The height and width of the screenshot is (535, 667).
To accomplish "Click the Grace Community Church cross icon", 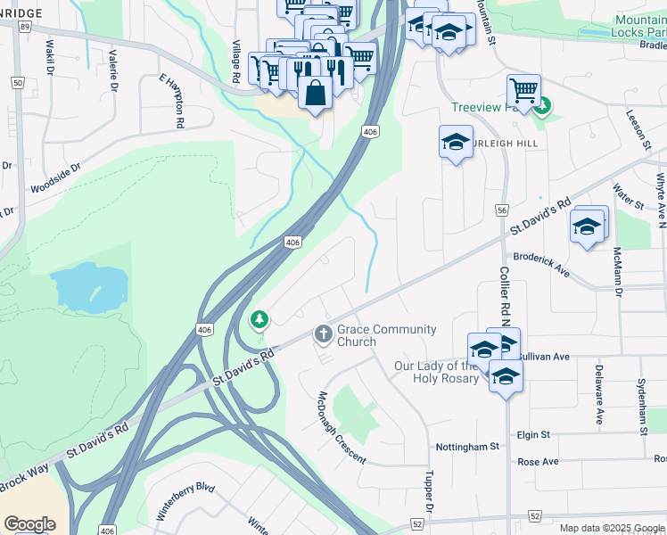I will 324,335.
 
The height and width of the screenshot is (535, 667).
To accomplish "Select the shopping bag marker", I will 316,92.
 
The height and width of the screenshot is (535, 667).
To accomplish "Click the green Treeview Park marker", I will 543,106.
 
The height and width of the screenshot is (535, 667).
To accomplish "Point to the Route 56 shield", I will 502,210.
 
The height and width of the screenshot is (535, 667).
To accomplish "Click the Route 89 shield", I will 23,28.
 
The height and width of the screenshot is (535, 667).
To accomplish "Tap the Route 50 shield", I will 18,83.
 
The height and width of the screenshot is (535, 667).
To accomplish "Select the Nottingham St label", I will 466,446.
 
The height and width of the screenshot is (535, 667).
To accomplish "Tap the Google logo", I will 30,523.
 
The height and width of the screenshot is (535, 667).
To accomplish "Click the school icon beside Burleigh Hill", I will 456,142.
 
